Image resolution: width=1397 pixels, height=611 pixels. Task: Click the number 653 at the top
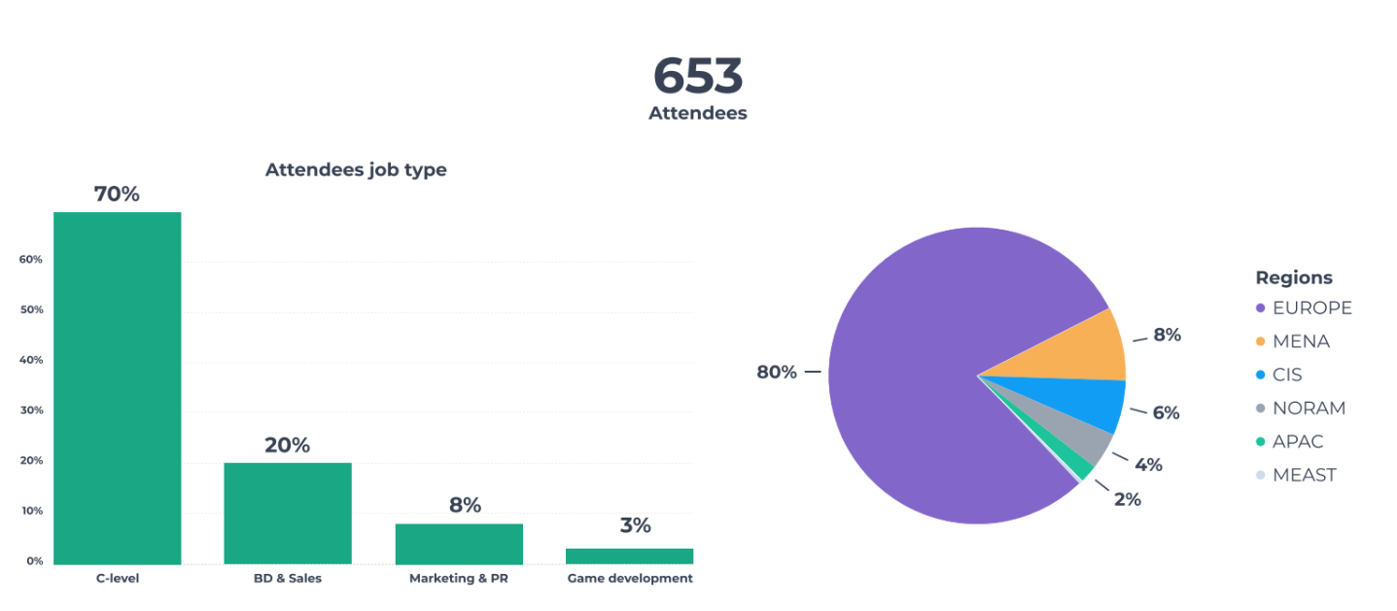[x=697, y=76]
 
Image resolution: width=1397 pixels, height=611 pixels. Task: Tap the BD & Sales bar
[x=287, y=513]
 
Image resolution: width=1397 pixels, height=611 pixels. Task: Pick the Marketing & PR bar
[x=458, y=543]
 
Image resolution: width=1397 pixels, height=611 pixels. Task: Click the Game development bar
[x=629, y=556]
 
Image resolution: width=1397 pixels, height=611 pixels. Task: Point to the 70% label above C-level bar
[x=117, y=195]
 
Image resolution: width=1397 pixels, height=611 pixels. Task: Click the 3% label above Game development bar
[x=635, y=525]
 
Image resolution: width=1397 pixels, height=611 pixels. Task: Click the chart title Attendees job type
[x=356, y=170]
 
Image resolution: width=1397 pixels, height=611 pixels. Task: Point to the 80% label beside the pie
[x=777, y=373]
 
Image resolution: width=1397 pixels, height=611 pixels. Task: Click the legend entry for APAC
[x=1298, y=442]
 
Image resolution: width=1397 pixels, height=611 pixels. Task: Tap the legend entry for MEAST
[x=1304, y=475]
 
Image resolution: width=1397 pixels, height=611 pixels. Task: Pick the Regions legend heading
[x=1294, y=277]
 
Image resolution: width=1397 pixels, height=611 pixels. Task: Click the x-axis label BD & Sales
[x=287, y=579]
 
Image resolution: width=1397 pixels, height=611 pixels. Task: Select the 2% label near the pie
[x=1128, y=499]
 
